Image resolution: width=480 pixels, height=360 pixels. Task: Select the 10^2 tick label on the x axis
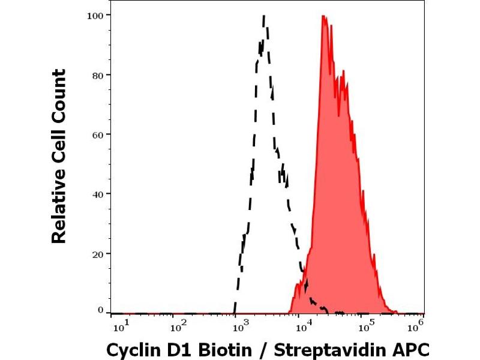pyautogui.click(x=179, y=327)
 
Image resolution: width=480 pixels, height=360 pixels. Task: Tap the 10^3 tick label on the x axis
pyautogui.click(x=240, y=327)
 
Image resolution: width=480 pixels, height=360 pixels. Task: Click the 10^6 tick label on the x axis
pyautogui.click(x=415, y=326)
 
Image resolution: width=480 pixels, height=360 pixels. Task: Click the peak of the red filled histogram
pyautogui.click(x=324, y=16)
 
